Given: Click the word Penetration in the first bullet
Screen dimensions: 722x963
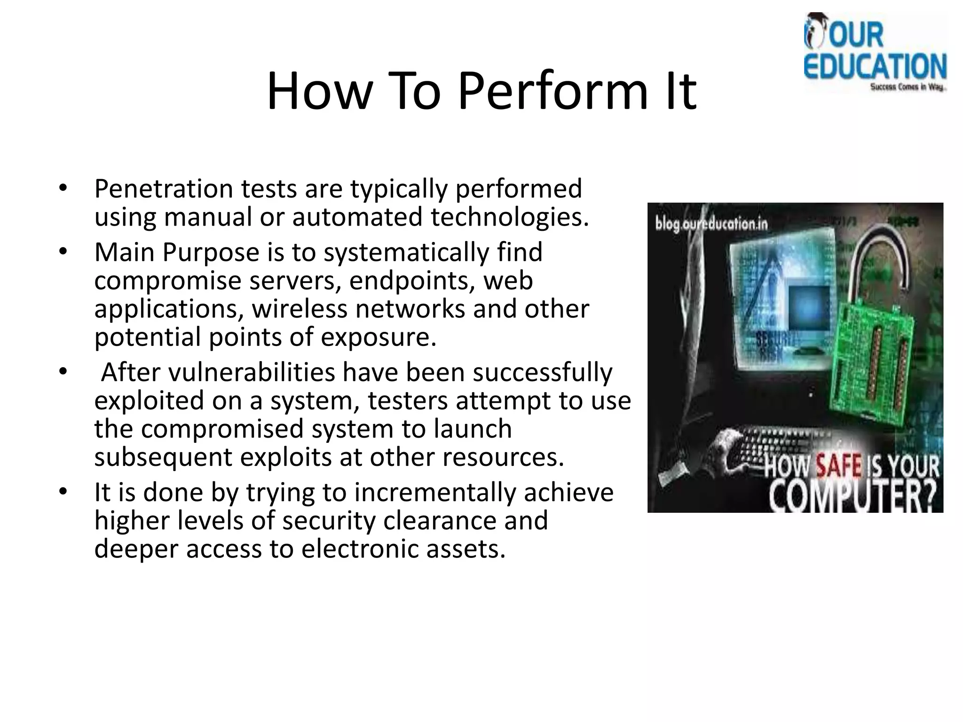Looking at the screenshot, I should click(164, 189).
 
